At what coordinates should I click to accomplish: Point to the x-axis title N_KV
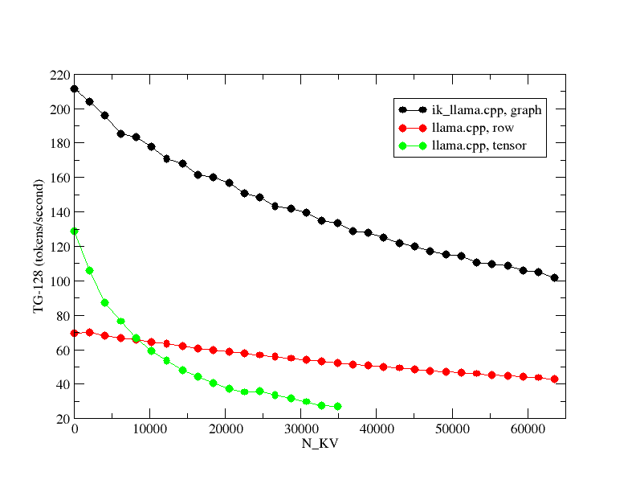[320, 444]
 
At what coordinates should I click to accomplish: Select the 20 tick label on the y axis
[60, 419]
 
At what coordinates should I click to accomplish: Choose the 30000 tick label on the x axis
[301, 430]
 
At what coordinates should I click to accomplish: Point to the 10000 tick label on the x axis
[150, 430]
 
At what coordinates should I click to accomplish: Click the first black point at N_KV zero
[75, 89]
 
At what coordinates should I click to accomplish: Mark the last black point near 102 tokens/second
[554, 278]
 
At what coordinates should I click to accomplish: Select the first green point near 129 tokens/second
[75, 231]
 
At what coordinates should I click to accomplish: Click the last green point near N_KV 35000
[337, 406]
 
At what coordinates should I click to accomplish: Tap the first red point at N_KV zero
[75, 333]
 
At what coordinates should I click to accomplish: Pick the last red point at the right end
[554, 379]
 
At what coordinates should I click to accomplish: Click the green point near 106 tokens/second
[89, 270]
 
